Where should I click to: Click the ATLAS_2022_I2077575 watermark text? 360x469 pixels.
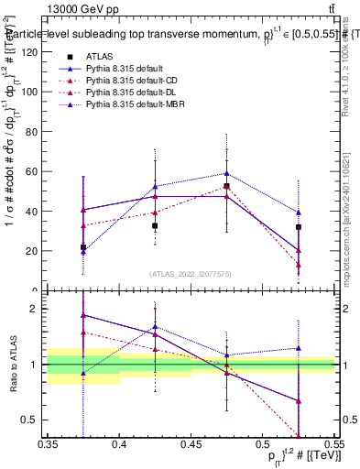[191, 274]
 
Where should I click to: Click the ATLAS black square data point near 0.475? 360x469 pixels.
[226, 186]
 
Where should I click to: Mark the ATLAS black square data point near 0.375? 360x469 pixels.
[83, 247]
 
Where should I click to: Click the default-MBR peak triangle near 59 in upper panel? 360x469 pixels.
[226, 173]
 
